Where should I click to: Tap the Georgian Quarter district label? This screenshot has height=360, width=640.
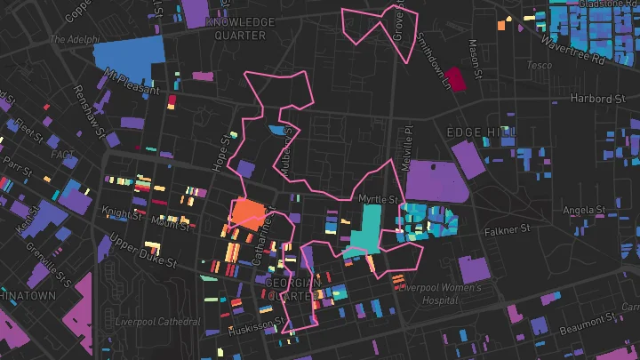pos(292,288)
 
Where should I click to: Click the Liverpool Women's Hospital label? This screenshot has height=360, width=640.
pos(440,294)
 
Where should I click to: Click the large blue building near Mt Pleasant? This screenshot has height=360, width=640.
pos(129,55)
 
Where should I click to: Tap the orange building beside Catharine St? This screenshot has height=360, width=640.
pos(248,214)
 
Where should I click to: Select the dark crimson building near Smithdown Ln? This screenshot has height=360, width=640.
pos(456,79)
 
